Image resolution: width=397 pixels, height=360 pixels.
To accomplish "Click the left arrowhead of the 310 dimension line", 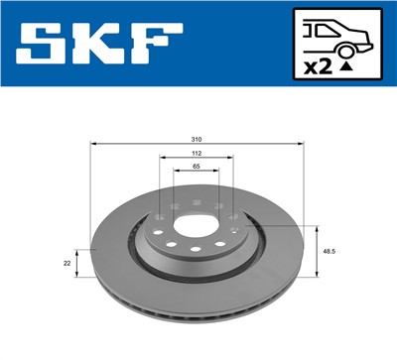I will (90, 145).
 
